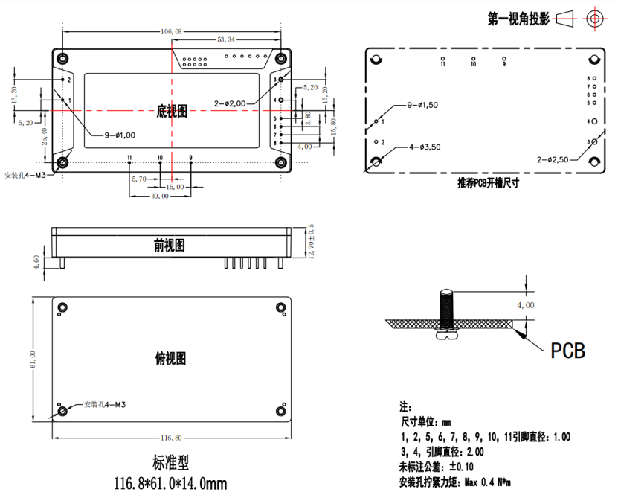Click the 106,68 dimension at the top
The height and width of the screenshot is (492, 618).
(x=171, y=31)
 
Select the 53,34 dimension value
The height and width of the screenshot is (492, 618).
(x=228, y=39)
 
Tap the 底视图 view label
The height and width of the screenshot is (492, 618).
(x=172, y=111)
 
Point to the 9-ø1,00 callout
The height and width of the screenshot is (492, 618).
(x=120, y=135)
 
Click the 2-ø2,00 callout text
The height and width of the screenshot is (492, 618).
(x=234, y=103)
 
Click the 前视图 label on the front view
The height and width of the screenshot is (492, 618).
(x=170, y=246)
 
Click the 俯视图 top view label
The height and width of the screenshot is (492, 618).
(x=170, y=359)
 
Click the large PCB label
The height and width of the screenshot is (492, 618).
(x=567, y=350)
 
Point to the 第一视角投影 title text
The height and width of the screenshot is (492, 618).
(x=518, y=19)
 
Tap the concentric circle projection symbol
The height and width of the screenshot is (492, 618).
(x=594, y=19)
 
